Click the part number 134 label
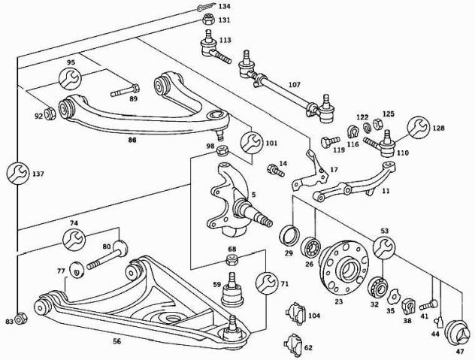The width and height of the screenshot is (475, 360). [x=225, y=7]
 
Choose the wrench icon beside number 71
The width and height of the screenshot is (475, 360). [x=267, y=283]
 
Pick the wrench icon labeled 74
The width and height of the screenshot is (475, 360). [x=74, y=238]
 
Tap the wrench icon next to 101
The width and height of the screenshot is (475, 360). [x=250, y=141]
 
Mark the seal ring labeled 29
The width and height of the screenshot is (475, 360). [x=288, y=237]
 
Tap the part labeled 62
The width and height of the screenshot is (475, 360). [x=291, y=343]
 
